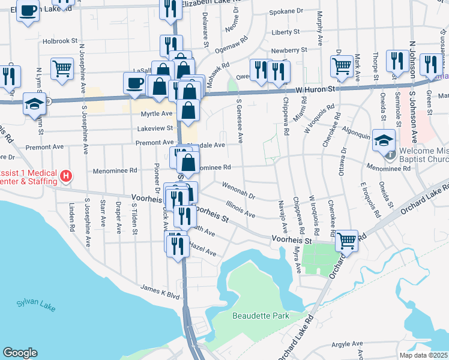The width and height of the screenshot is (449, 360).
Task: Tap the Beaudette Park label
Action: pyautogui.click(x=261, y=316)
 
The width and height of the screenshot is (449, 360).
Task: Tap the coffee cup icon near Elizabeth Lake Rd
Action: pyautogui.click(x=28, y=11)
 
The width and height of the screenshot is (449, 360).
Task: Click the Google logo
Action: pyautogui.click(x=20, y=353)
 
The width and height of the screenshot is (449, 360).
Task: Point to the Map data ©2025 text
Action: pyautogui.click(x=423, y=355)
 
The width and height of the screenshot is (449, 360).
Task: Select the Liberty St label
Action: pyautogui.click(x=285, y=32)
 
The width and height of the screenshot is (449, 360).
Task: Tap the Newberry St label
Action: pyautogui.click(x=289, y=51)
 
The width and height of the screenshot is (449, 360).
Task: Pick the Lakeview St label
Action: pyautogui.click(x=155, y=128)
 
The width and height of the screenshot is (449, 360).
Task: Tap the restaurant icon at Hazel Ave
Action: pyautogui.click(x=177, y=245)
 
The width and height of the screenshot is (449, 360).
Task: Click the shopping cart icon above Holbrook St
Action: pyautogui.click(x=62, y=70)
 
